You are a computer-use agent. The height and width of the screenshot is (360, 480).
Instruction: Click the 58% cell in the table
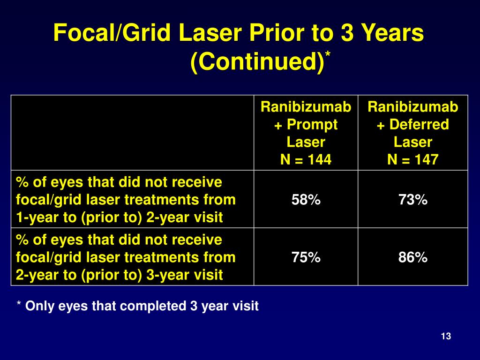click(x=306, y=200)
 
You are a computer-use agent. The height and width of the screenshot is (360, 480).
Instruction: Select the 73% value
click(x=413, y=200)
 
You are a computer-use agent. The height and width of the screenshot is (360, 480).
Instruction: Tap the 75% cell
click(x=306, y=257)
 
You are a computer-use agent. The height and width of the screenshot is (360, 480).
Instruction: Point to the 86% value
click(x=413, y=257)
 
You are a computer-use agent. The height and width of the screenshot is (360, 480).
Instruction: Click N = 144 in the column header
click(x=306, y=160)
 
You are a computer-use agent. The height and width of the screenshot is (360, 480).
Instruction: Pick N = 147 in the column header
click(x=413, y=160)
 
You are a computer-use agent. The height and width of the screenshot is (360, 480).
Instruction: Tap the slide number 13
click(x=446, y=336)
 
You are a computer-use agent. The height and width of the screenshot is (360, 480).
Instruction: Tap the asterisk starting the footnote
click(x=19, y=305)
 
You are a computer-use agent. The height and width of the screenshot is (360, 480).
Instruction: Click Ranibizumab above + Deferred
click(x=413, y=107)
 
